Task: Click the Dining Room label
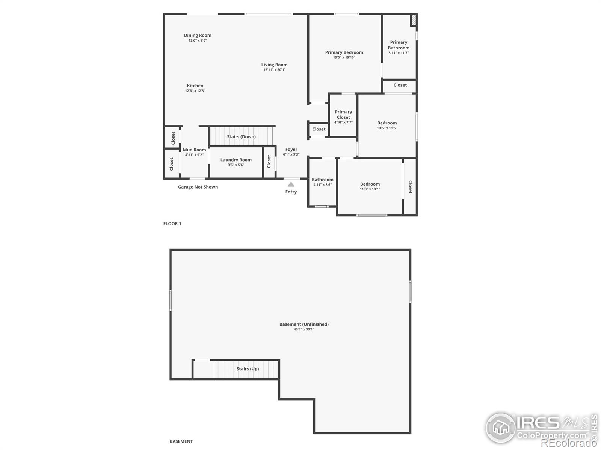point(198,36)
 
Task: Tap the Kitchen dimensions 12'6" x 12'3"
point(195,91)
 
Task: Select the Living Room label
point(274,65)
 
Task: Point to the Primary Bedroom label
point(344,52)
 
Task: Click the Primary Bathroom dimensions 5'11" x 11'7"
point(399,53)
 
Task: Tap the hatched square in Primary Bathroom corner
point(414,20)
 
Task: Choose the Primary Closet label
point(343,114)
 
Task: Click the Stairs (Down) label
point(241,136)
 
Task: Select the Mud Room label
point(194,150)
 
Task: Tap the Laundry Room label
point(236,160)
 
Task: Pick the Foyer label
point(291,150)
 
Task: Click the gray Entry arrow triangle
point(291,184)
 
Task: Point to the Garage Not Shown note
point(198,187)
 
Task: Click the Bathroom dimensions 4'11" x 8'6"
point(322,185)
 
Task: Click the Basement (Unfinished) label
point(304,324)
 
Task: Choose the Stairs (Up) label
point(248,369)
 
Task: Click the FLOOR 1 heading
point(172,223)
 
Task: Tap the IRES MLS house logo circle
point(500,427)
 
